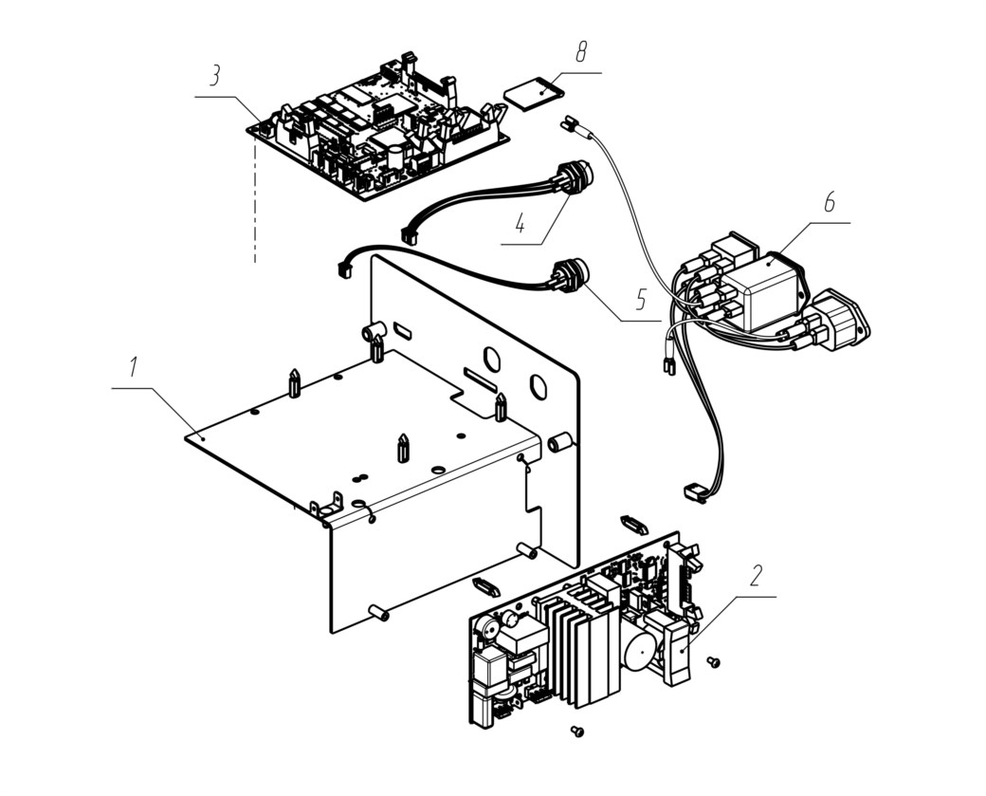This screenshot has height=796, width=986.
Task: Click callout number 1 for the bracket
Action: pos(133,367)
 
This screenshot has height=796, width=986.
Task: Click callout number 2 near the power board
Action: pos(756,575)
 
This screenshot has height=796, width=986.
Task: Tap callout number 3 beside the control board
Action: pos(215,76)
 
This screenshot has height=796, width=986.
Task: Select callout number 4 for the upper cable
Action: pos(520,223)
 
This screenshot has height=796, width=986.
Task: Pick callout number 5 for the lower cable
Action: pos(640,300)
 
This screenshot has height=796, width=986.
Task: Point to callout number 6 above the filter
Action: pos(830,203)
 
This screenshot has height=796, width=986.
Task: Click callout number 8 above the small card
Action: pos(581,52)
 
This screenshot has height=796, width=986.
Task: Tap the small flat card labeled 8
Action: pos(534,92)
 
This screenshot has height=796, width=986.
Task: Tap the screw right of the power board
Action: pos(713,661)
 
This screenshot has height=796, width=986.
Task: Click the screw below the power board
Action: pos(576,731)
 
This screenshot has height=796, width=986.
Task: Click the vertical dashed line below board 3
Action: pos(255,201)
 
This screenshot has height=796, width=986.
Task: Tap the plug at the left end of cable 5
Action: pos(346,268)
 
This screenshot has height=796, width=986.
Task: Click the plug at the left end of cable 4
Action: pos(410,235)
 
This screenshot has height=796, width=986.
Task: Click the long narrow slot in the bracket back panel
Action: pos(481,379)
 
